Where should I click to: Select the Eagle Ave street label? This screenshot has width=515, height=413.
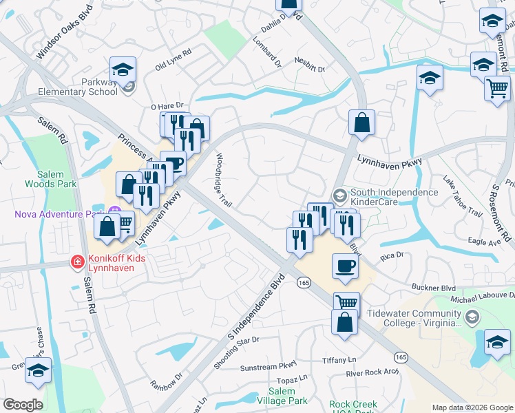point(484,242)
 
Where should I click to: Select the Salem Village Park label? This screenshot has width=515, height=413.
point(287,395)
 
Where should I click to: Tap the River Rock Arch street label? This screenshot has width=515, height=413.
point(372,373)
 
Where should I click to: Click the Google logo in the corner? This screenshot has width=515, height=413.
point(22,405)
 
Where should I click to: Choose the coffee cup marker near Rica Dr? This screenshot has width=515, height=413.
point(345,265)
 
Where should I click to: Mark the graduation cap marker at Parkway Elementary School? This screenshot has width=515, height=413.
point(123,70)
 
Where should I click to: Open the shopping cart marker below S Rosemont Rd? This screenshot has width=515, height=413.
point(497,87)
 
